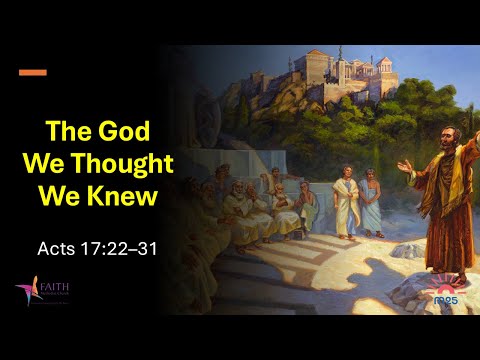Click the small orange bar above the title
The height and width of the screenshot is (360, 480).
(x=33, y=72)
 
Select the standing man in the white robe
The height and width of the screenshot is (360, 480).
(x=346, y=200)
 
